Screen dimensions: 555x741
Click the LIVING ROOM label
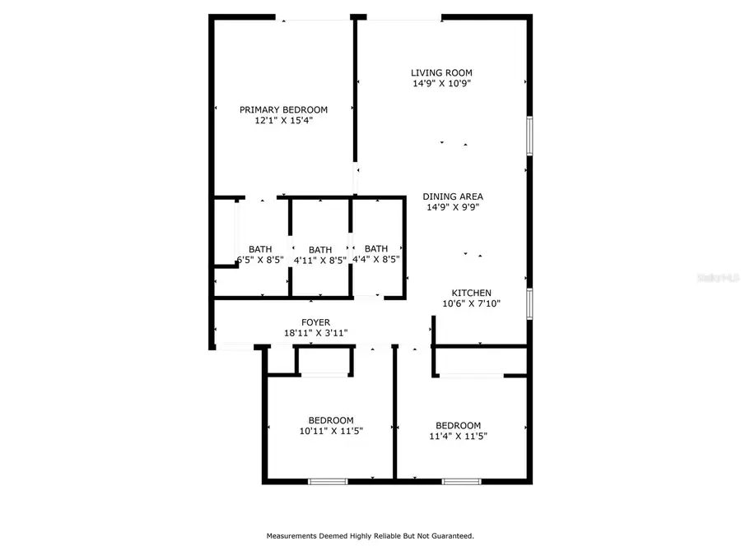(441, 72)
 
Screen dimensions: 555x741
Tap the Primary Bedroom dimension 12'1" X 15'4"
(283, 120)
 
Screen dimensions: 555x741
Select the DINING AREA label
(453, 197)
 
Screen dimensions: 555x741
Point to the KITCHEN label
(472, 293)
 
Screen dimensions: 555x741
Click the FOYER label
(315, 322)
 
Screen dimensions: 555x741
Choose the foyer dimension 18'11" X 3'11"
(315, 333)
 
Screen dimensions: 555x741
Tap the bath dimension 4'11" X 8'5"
(320, 260)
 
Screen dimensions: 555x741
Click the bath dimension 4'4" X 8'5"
(376, 259)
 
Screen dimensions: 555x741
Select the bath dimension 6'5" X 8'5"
(260, 260)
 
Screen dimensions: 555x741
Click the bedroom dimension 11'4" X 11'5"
(458, 436)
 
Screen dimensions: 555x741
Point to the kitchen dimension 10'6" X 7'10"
(472, 303)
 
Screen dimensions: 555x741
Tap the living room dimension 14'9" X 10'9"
(441, 83)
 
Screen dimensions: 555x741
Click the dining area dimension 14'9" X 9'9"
(453, 207)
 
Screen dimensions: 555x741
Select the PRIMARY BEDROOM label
(283, 109)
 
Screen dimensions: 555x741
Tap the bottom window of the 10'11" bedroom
(322, 481)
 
